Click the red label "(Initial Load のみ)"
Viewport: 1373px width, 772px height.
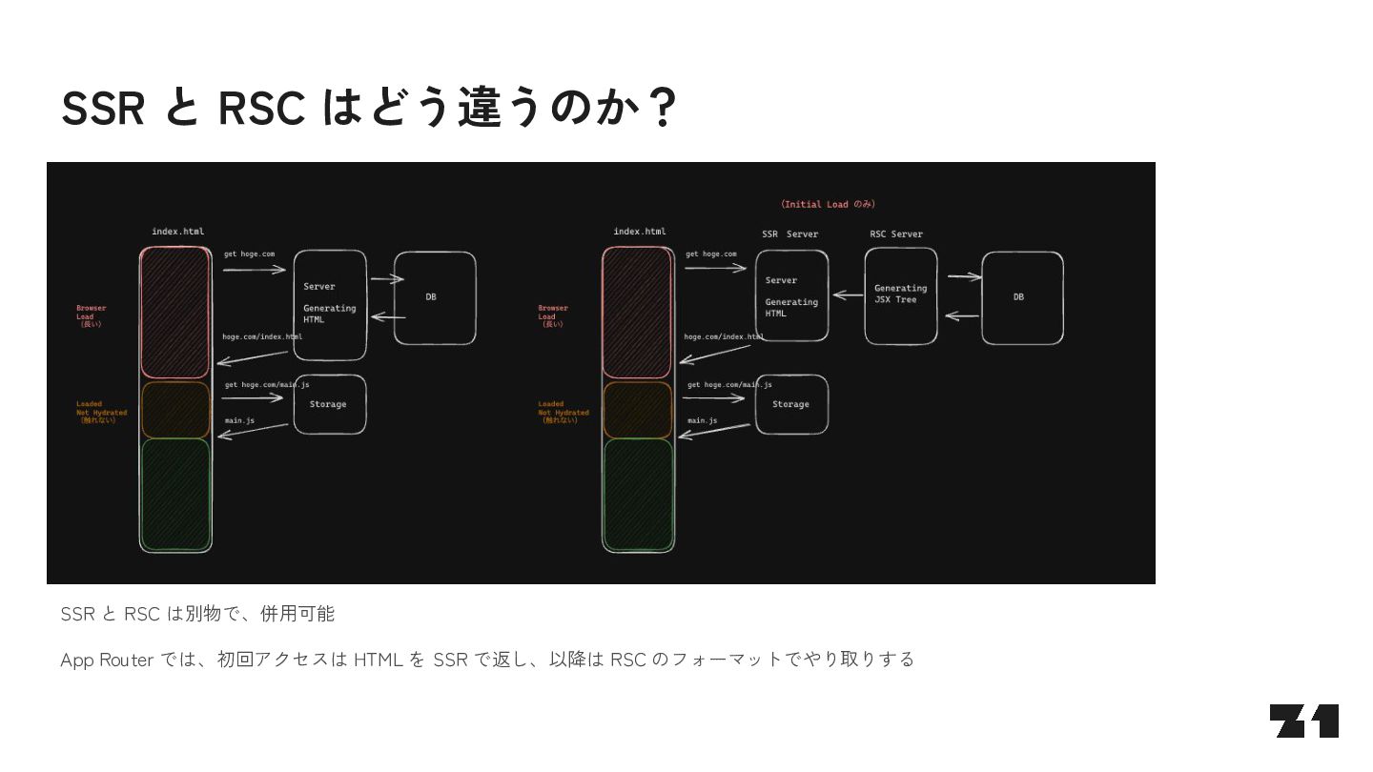(828, 204)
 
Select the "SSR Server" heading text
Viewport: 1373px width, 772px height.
(789, 234)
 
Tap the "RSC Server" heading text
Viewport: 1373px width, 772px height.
(896, 234)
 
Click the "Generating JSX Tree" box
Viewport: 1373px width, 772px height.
(901, 295)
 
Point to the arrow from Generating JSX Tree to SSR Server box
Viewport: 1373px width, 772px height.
(847, 295)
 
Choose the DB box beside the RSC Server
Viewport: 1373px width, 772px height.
(1022, 297)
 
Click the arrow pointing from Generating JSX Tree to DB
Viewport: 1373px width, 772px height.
(964, 277)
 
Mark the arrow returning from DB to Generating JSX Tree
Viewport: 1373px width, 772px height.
(962, 316)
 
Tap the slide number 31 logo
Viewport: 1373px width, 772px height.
(1303, 721)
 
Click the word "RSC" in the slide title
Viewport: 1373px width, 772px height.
(260, 108)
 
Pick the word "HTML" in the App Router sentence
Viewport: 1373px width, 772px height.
(378, 660)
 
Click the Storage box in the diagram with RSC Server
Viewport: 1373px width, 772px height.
(791, 404)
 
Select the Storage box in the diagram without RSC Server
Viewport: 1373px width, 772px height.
(330, 404)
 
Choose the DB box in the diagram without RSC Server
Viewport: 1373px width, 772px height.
(435, 297)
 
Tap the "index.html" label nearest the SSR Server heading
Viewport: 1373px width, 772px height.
(640, 232)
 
